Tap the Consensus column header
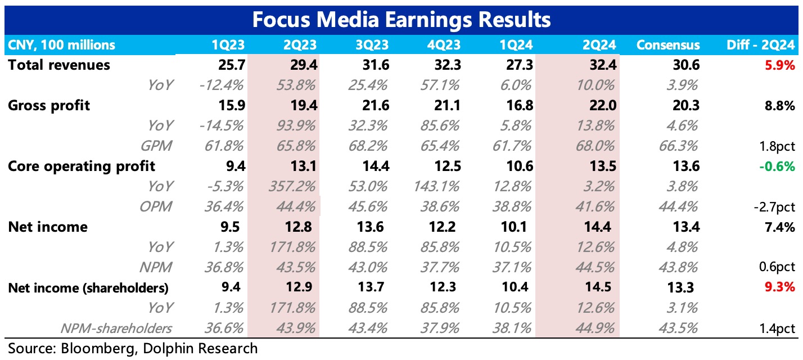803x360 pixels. pos(668,45)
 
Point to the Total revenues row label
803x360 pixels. pos(59,65)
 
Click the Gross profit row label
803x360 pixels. pos(49,105)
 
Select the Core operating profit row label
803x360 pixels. pos(82,166)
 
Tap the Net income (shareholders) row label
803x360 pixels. pos(88,288)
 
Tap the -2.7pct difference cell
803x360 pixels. pos(774,206)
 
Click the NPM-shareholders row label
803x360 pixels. pos(118,328)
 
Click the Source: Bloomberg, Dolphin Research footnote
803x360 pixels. pos(133,348)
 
